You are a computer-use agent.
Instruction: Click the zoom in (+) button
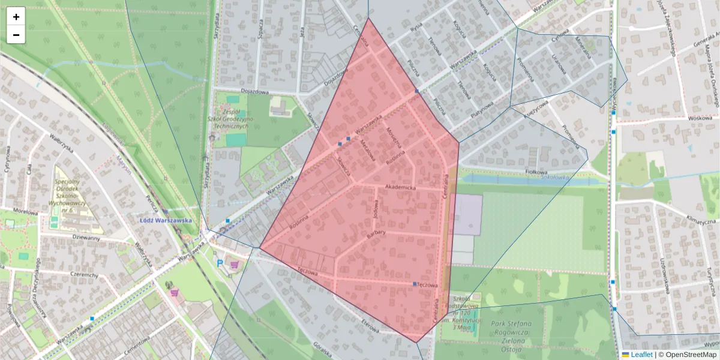(16, 17)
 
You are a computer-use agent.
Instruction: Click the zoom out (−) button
(16, 35)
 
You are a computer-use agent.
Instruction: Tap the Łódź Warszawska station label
(166, 220)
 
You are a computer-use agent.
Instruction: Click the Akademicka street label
(400, 187)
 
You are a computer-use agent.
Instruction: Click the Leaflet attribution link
(641, 355)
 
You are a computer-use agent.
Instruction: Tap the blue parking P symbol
(220, 263)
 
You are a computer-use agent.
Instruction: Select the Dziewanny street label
(86, 238)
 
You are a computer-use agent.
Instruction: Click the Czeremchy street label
(83, 275)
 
